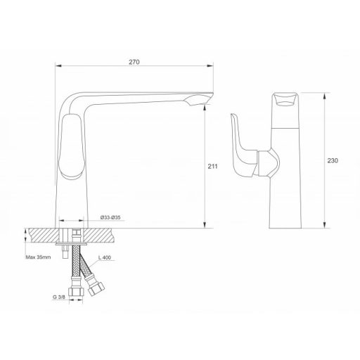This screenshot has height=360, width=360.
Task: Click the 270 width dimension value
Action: [x=134, y=62]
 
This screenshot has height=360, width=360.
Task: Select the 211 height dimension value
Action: [x=212, y=166]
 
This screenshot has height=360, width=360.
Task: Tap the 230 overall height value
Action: [x=333, y=160]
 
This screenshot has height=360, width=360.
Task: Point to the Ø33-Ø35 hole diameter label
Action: [x=110, y=217]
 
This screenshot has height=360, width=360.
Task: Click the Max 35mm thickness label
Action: [x=38, y=257]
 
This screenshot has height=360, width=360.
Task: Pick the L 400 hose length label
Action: [x=105, y=257]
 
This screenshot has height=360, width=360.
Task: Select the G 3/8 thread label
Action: [x=59, y=297]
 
